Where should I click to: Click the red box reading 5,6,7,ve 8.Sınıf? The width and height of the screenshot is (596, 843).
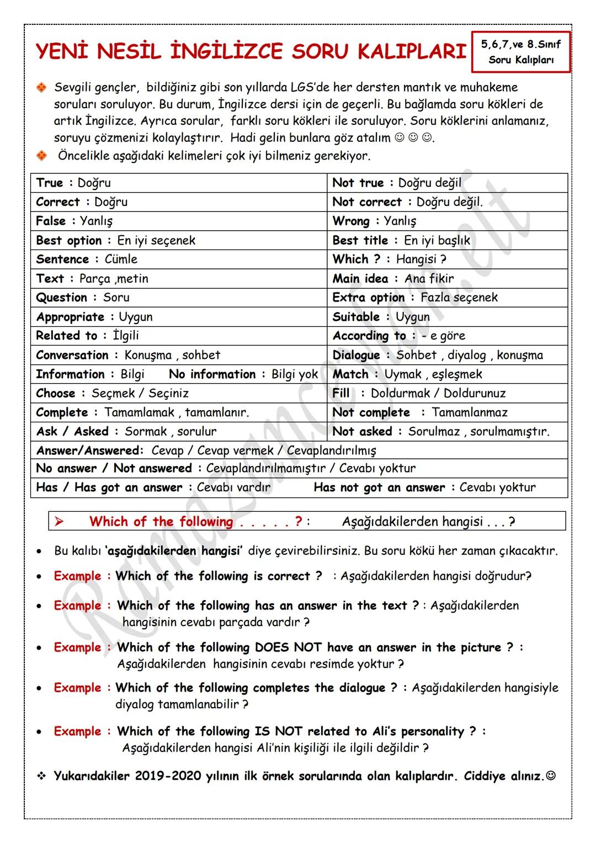tap(520, 52)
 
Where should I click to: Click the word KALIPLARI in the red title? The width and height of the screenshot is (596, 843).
tap(412, 52)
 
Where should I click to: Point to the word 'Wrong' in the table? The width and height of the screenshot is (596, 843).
tap(351, 221)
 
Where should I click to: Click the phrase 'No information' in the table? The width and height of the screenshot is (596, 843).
tap(212, 374)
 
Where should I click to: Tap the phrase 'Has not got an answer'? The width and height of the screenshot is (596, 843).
tap(379, 487)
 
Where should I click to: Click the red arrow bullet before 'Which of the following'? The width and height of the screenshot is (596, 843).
tap(60, 522)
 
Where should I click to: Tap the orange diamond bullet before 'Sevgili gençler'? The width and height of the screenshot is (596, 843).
tap(41, 88)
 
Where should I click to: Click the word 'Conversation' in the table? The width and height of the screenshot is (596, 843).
tap(72, 355)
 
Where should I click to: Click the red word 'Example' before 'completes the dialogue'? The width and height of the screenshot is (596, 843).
tap(78, 688)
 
